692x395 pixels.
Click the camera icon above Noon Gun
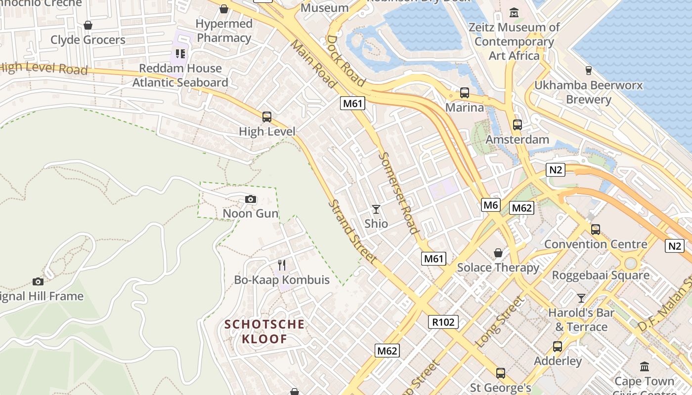[251, 199]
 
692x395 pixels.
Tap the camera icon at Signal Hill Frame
[38, 281]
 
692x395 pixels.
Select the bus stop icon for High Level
[267, 117]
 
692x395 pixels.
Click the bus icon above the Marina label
[465, 92]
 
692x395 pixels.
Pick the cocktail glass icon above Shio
[376, 209]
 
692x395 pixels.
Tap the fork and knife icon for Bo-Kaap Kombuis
[282, 265]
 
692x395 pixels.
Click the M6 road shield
[491, 205]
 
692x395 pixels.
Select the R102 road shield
[443, 322]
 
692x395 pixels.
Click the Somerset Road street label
[398, 193]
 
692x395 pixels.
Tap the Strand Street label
[353, 231]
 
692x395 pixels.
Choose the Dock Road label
[346, 61]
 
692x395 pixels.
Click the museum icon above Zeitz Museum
[514, 12]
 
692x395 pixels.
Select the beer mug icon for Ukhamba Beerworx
[589, 70]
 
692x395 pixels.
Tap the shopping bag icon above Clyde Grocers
[88, 25]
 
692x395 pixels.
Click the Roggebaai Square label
[601, 276]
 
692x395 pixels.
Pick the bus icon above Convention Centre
[596, 230]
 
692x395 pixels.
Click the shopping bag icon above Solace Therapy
[498, 253]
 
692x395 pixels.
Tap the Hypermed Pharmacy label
[224, 31]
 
